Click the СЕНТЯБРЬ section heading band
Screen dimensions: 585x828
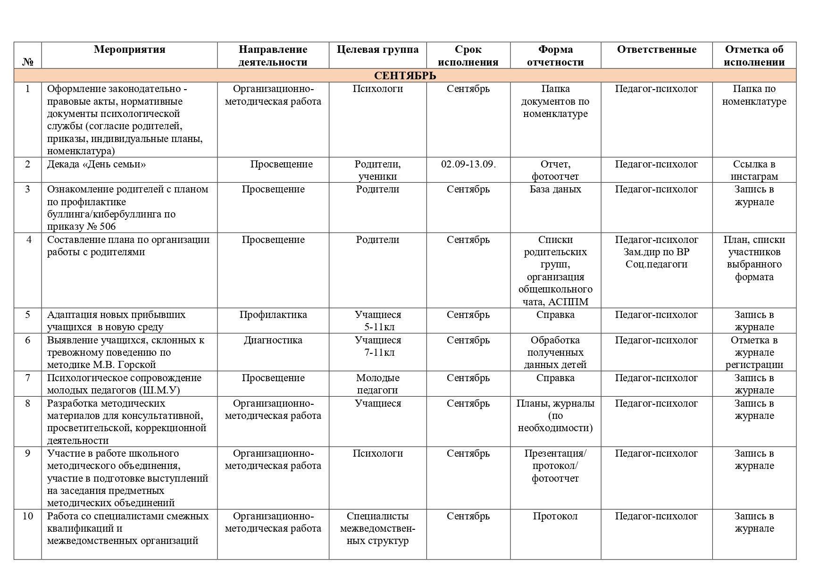point(405,75)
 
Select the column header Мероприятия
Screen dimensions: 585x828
point(129,50)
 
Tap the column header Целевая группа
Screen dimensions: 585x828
point(377,50)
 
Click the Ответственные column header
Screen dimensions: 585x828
point(656,50)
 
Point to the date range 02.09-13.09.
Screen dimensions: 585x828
point(468,164)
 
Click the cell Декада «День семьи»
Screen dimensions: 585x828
point(96,164)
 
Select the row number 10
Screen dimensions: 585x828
point(28,516)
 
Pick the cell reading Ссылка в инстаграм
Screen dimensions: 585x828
point(754,170)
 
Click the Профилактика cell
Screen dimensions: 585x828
point(273,315)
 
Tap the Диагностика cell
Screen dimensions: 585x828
point(273,340)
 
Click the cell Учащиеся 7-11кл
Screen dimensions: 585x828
point(377,346)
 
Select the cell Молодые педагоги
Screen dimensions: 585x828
point(377,384)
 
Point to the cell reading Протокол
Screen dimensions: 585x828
point(555,516)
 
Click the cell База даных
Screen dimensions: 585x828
point(555,189)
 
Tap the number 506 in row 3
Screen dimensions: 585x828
point(108,227)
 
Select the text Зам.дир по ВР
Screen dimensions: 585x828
point(656,252)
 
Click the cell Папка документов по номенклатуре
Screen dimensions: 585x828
point(555,101)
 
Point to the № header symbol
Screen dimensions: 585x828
point(28,62)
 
